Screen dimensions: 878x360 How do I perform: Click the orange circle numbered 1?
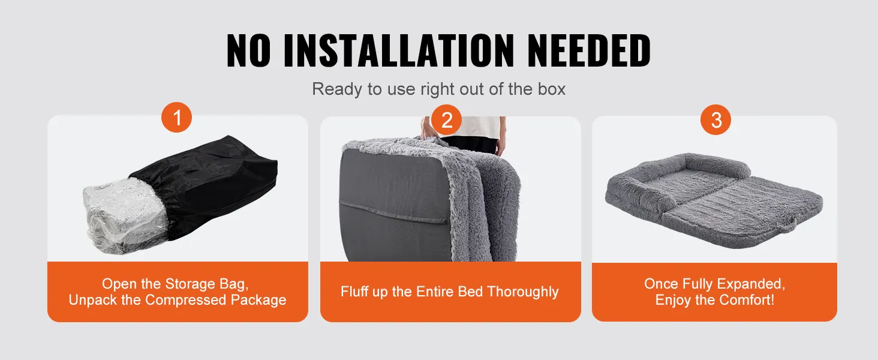pos(176,117)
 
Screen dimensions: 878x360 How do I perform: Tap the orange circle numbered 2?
pos(446,119)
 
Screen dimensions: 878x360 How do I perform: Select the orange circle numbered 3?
pos(715,119)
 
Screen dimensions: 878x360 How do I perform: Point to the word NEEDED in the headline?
pos(589,50)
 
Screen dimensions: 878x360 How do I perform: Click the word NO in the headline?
pos(248,50)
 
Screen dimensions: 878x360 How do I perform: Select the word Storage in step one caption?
pos(190,284)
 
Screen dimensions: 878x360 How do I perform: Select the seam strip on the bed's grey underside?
pos(393,212)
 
